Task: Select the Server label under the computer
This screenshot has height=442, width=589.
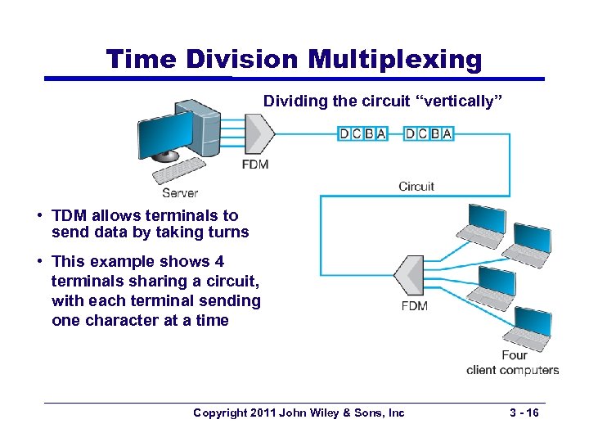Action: click(180, 193)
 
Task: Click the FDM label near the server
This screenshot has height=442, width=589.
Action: click(255, 165)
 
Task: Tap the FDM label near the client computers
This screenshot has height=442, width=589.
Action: click(414, 306)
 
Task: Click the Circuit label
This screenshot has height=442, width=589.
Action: click(416, 187)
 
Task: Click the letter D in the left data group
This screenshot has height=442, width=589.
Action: click(344, 133)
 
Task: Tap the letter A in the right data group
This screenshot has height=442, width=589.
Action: click(447, 133)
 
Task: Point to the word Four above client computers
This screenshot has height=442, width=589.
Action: click(515, 355)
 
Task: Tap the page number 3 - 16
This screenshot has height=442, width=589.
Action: click(521, 413)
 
